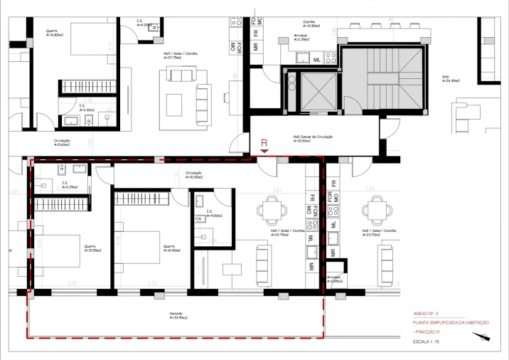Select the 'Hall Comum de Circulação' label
(313, 139)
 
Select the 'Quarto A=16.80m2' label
(54, 33)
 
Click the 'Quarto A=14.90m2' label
(171, 249)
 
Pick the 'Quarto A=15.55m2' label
(91, 249)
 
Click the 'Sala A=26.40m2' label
(452, 80)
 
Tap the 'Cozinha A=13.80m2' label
(309, 23)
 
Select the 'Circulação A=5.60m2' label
(62, 143)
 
